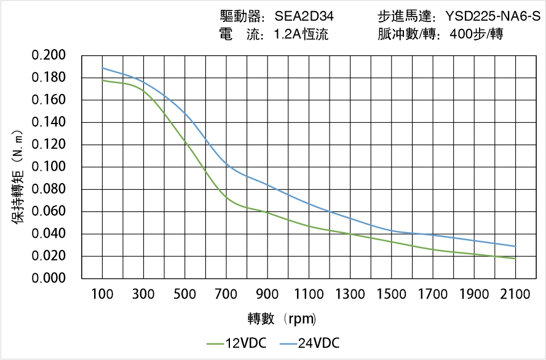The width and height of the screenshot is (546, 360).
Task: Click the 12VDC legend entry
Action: coord(236,343)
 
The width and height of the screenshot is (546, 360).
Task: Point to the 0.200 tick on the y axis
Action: coord(49,55)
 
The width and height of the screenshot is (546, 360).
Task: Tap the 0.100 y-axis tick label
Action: coord(49,167)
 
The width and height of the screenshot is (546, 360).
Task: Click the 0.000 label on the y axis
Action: coord(49,278)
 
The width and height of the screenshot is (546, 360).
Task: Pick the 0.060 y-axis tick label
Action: coord(49,212)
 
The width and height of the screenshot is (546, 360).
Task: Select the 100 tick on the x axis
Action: coord(102,294)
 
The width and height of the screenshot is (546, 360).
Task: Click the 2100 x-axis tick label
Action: coord(515,294)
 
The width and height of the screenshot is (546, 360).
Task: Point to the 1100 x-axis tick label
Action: coord(309,294)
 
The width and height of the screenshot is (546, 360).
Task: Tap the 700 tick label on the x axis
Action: coord(226,294)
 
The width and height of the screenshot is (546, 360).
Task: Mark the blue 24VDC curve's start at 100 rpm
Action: coord(102,68)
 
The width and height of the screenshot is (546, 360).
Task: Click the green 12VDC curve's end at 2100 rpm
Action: coord(515,259)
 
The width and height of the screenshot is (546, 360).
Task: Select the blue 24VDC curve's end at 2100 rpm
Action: coord(515,246)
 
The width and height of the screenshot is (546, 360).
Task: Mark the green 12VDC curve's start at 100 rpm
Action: coord(102,80)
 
